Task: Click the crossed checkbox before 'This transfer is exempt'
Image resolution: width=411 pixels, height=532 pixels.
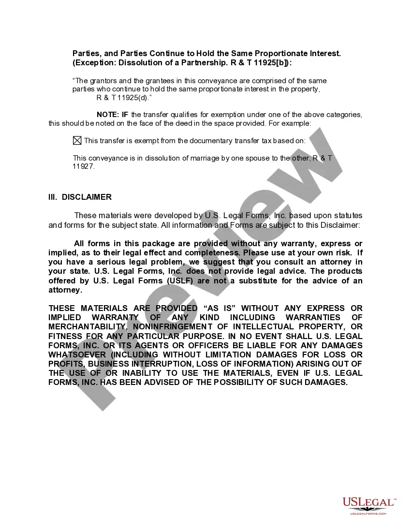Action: click(77, 141)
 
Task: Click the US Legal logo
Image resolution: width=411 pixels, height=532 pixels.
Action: click(368, 504)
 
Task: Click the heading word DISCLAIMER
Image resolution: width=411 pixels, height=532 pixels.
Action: click(87, 197)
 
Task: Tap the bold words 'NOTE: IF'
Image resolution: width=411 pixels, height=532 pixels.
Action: click(113, 115)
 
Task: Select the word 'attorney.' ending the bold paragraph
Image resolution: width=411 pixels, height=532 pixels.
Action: click(65, 290)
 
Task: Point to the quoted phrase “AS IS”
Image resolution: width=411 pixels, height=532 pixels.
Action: click(220, 308)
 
